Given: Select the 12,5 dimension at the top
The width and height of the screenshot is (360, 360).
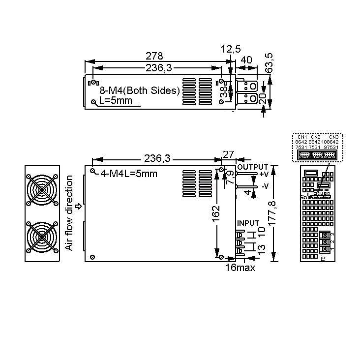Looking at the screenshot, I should click(231, 49).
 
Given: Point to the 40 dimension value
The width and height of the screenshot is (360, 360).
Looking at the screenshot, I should click(246, 60).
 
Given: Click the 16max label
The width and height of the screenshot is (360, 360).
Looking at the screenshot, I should click(240, 268).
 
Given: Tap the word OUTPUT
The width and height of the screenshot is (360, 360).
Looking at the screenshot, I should click(253, 167).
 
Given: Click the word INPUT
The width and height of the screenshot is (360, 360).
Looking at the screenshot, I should click(248, 223).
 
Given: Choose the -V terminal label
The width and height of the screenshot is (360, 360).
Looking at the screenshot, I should click(265, 186).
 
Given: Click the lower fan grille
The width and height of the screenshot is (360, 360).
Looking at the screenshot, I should click(42, 237).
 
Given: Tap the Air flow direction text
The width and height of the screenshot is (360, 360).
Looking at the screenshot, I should click(70, 212).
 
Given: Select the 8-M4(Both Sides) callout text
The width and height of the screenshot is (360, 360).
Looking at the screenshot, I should click(140, 90).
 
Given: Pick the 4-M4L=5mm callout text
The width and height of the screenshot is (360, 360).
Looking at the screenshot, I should click(129, 174).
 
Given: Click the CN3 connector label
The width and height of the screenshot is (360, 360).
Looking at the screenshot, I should click(333, 137).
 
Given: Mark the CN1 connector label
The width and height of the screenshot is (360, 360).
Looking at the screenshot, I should click(301, 137).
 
